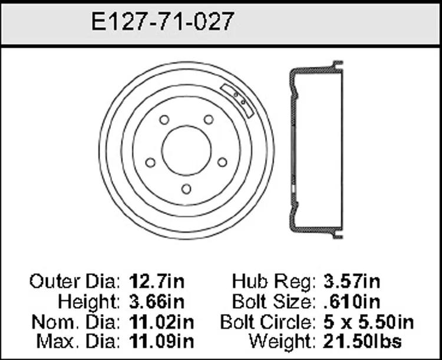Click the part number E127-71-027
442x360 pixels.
(163, 21)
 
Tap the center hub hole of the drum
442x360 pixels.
(186, 151)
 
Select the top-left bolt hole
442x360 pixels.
(164, 120)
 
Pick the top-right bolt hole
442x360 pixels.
(209, 120)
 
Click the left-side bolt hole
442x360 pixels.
(150, 163)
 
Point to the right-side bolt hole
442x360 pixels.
(222, 162)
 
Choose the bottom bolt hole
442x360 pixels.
(186, 189)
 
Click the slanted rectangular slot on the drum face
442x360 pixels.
(237, 100)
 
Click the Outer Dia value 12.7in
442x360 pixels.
(157, 282)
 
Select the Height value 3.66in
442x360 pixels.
(157, 302)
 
